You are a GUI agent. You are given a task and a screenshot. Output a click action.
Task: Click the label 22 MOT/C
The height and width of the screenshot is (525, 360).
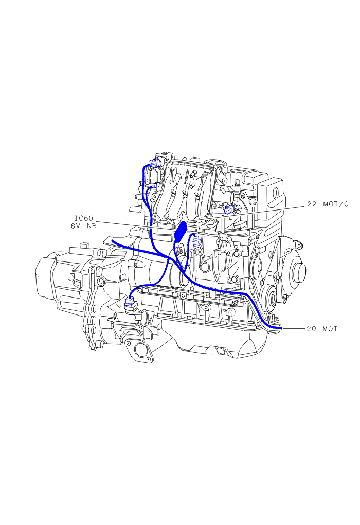coord(328,204)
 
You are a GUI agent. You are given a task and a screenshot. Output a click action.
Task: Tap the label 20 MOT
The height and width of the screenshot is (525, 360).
coord(322,329)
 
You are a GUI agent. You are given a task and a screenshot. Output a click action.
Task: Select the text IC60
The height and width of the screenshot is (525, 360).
coord(83,218)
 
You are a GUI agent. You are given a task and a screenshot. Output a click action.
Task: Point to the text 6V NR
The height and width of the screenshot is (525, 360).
coord(83,225)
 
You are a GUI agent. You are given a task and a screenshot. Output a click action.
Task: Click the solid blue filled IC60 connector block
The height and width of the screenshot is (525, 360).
coord(181,231)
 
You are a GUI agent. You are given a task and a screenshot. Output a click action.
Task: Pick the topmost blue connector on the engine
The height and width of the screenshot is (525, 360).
coord(156,164)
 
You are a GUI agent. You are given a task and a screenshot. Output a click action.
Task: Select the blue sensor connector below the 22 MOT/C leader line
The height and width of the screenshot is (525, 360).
coord(229,209)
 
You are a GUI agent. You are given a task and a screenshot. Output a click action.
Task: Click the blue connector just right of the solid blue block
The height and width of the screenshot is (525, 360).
coord(196,241)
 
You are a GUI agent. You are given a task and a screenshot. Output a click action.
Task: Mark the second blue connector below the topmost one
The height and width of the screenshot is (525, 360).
coord(155,185)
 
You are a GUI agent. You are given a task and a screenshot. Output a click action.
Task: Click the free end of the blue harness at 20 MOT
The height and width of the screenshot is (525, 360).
coord(281,328)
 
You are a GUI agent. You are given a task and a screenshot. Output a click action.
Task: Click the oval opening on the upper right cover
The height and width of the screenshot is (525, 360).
coord(276,193)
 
